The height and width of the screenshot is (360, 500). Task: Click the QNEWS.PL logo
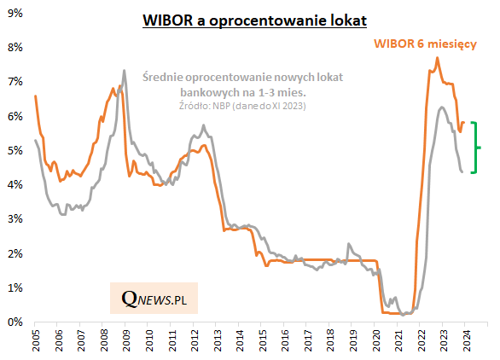point(154,299)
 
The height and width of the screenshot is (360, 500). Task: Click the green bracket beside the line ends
point(474,148)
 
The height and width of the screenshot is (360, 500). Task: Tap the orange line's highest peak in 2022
point(438,58)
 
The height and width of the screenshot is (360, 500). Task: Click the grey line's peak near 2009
point(125,71)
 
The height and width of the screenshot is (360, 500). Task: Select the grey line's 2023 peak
point(441,107)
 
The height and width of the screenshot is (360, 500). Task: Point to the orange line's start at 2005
point(35,96)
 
